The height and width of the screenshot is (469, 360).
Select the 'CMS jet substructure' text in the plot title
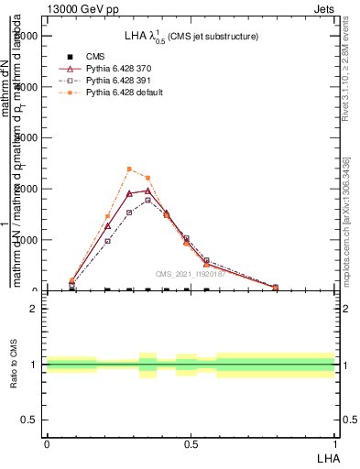point(213,37)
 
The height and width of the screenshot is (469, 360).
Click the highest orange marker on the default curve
point(129,169)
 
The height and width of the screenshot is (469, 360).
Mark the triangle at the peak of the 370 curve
point(147,191)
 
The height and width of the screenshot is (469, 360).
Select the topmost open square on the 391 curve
point(147,200)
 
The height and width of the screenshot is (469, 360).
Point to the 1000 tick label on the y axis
point(27,240)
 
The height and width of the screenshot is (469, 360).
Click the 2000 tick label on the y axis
point(27,189)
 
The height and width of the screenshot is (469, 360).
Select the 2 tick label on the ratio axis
point(35,309)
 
